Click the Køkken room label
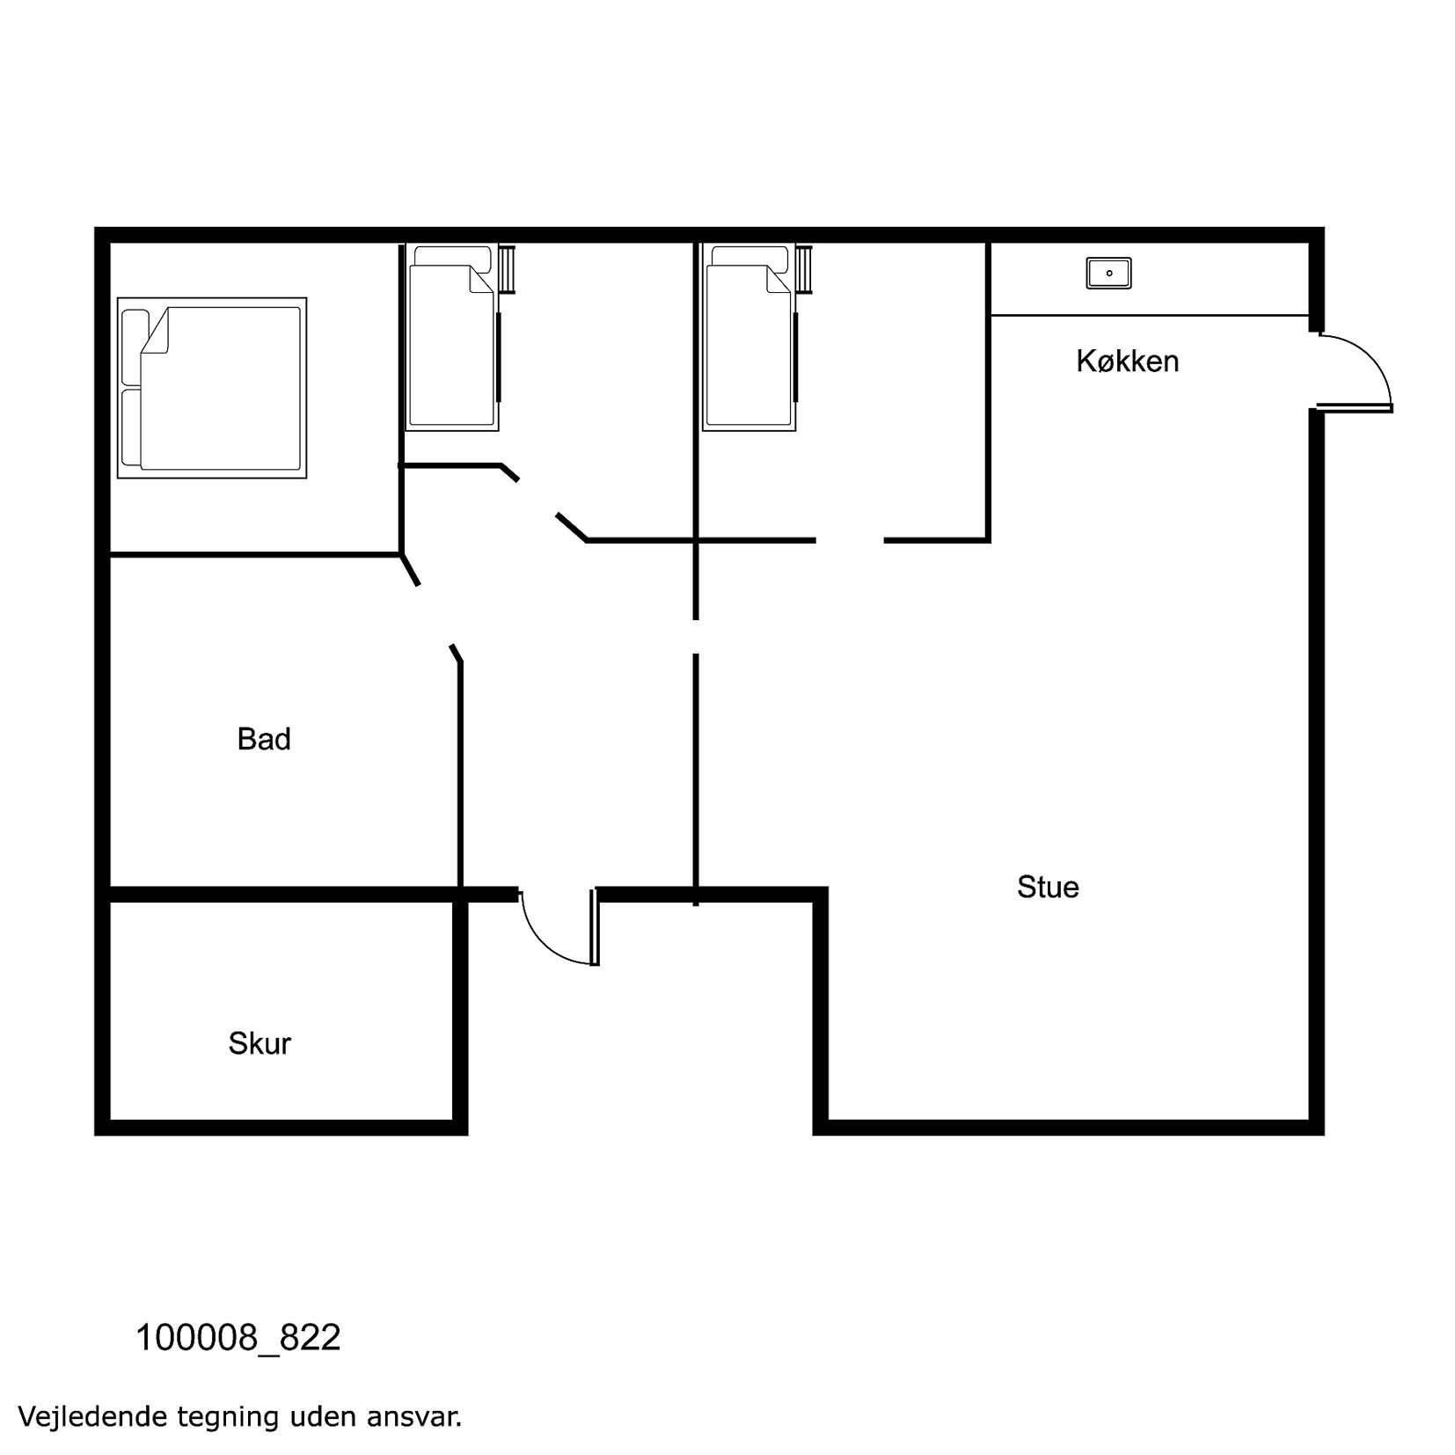(1127, 361)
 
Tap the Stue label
(1048, 887)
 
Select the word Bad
(264, 739)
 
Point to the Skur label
(260, 1043)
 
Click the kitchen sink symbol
(1108, 274)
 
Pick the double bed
(212, 388)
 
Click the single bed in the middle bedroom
(452, 338)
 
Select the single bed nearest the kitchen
(749, 338)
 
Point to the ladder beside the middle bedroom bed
(507, 269)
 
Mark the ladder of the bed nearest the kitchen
(804, 269)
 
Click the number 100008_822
(238, 1338)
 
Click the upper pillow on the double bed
(135, 347)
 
